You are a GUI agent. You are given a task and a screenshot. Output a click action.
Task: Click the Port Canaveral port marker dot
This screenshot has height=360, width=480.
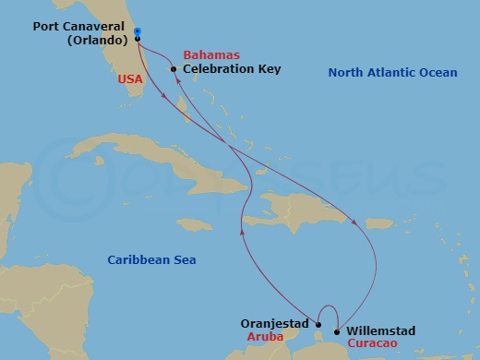point(137,32)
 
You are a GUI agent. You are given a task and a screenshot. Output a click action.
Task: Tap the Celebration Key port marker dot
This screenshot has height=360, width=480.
point(174,69)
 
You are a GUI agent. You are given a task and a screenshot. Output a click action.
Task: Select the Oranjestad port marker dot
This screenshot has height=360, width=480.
point(318,324)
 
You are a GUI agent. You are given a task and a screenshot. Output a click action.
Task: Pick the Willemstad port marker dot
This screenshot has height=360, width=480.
point(336,331)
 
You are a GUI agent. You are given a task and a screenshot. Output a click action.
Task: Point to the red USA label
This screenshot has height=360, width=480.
point(130,80)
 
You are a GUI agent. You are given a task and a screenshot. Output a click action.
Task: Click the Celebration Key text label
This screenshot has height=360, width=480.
point(232,69)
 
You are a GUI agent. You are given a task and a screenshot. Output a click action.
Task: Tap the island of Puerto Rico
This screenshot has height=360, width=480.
point(381,223)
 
